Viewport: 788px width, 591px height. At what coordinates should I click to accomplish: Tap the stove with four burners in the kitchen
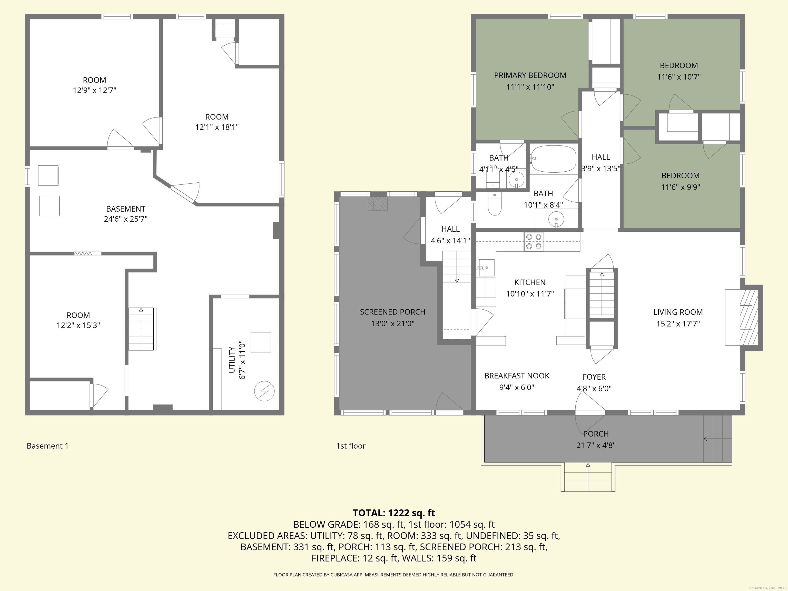coord(533,242)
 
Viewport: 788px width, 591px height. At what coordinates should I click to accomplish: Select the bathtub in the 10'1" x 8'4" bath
coord(553,160)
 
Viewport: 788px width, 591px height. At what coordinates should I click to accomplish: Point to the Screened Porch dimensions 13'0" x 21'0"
coord(392,323)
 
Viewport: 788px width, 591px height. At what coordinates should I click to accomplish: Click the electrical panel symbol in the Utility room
coord(264,391)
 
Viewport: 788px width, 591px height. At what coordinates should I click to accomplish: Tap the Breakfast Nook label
coord(517,376)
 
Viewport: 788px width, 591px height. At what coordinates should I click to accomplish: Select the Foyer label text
coord(594,377)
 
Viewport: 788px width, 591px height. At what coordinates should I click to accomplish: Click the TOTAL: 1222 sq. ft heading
coord(394,513)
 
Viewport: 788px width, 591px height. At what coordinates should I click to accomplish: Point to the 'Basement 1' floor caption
coord(47,446)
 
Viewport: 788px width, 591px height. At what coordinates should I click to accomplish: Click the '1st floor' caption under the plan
coord(351,446)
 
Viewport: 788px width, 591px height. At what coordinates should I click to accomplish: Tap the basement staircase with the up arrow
coord(142,329)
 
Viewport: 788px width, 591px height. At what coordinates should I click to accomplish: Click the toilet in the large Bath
coord(495,205)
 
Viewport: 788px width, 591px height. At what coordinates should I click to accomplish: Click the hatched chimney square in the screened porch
coord(377,204)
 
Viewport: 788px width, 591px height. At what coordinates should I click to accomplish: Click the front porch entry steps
coord(588,477)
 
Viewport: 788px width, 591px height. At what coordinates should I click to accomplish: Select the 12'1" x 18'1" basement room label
coord(216,127)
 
